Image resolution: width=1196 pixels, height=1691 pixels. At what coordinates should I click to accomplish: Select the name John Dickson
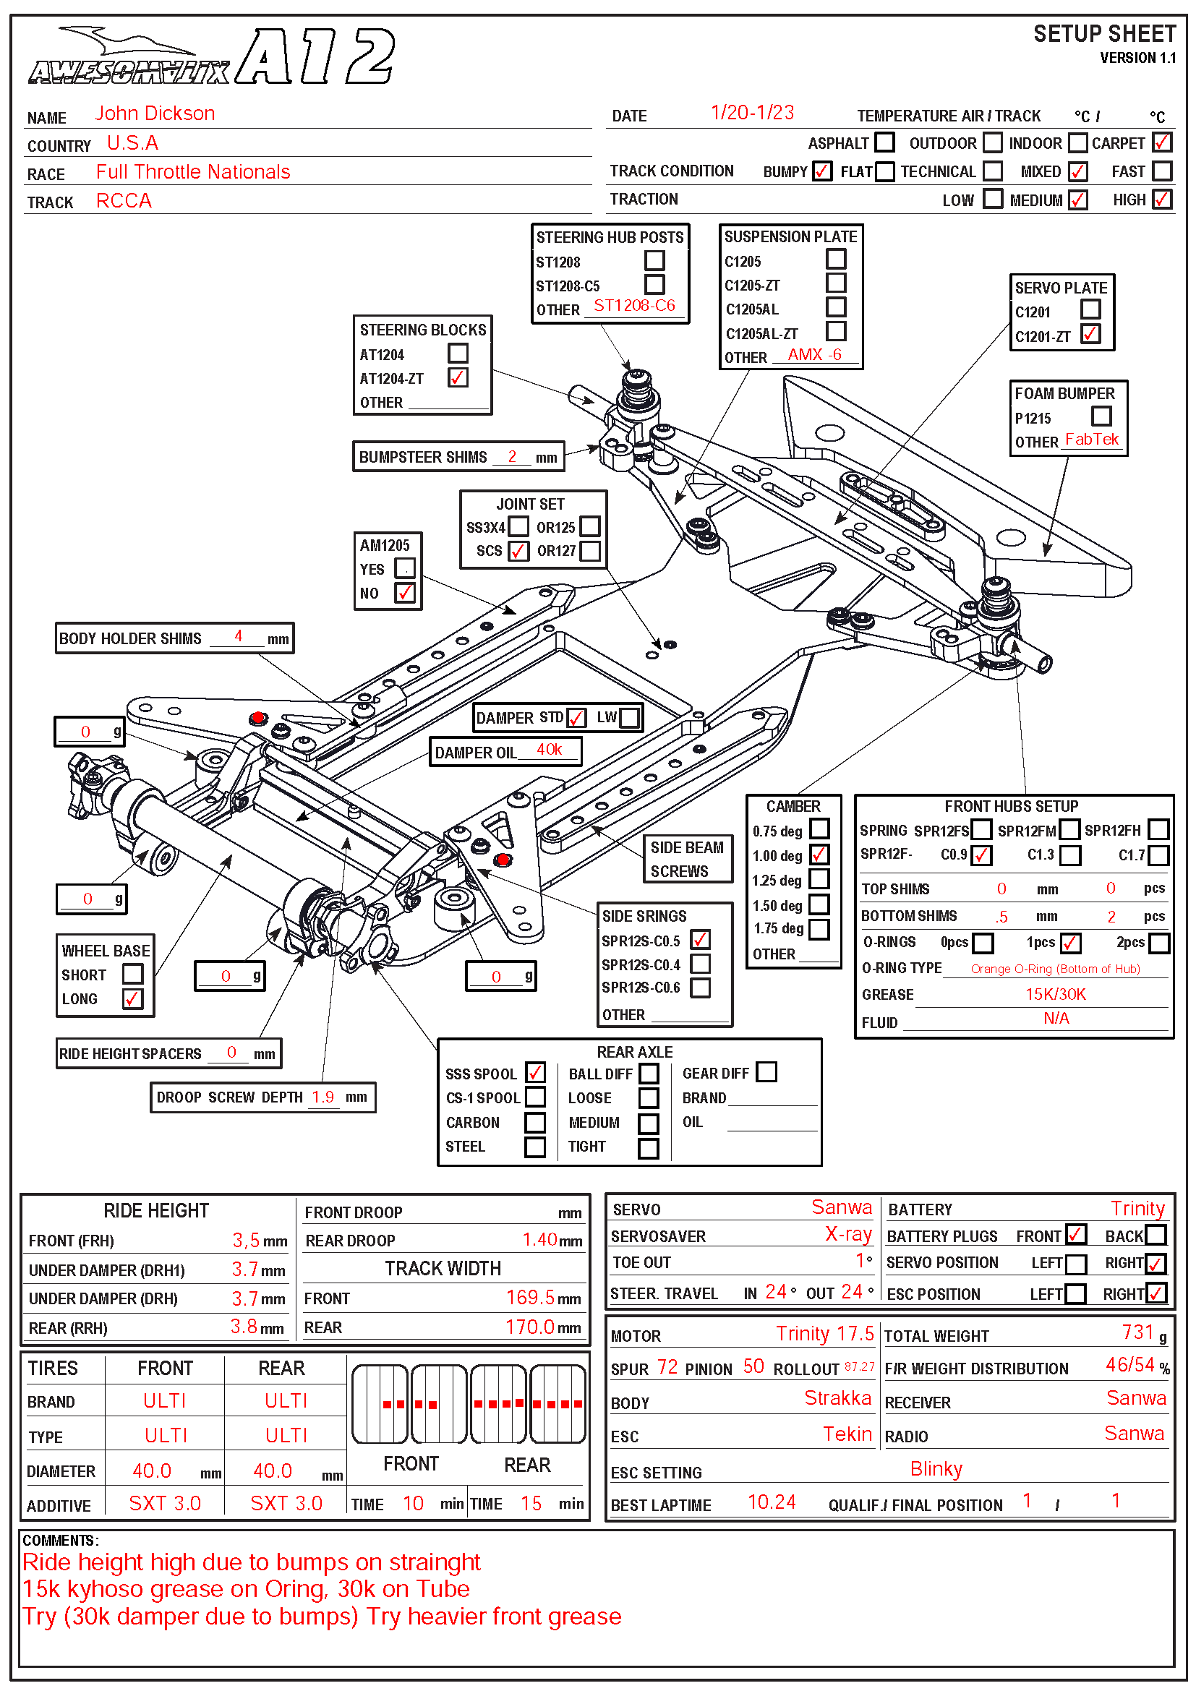tap(155, 114)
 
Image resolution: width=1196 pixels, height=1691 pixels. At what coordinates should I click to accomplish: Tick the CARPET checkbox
tap(1161, 142)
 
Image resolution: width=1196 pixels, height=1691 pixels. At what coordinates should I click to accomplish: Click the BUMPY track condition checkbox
tap(822, 171)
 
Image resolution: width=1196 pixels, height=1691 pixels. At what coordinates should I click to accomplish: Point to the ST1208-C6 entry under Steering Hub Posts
tap(634, 306)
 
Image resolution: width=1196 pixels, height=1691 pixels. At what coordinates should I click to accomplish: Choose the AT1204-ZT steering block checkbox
tap(458, 378)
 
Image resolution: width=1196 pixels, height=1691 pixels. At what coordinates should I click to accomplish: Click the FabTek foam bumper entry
tap(1091, 440)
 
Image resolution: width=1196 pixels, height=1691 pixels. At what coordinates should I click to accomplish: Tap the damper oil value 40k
tap(549, 750)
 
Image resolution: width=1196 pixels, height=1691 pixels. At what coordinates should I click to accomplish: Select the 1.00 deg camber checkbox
tap(819, 855)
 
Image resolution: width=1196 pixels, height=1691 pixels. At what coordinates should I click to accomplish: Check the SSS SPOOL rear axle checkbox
tap(535, 1072)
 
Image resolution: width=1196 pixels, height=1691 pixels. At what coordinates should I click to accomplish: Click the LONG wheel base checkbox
tap(132, 998)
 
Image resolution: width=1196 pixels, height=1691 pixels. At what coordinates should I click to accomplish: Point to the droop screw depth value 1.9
tap(323, 1097)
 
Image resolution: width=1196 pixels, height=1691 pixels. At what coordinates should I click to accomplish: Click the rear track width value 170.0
tap(529, 1327)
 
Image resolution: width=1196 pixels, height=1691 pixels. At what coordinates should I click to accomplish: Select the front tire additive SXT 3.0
tap(165, 1503)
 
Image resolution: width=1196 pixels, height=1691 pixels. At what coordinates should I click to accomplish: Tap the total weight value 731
tap(1137, 1332)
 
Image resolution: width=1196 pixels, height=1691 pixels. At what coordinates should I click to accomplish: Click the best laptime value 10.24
tap(771, 1502)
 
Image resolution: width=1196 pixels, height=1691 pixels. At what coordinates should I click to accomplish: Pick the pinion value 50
tap(753, 1366)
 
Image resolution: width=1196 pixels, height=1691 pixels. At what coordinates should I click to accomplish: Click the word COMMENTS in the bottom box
tap(59, 1540)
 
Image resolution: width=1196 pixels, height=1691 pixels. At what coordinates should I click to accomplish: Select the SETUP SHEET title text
tap(1104, 35)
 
